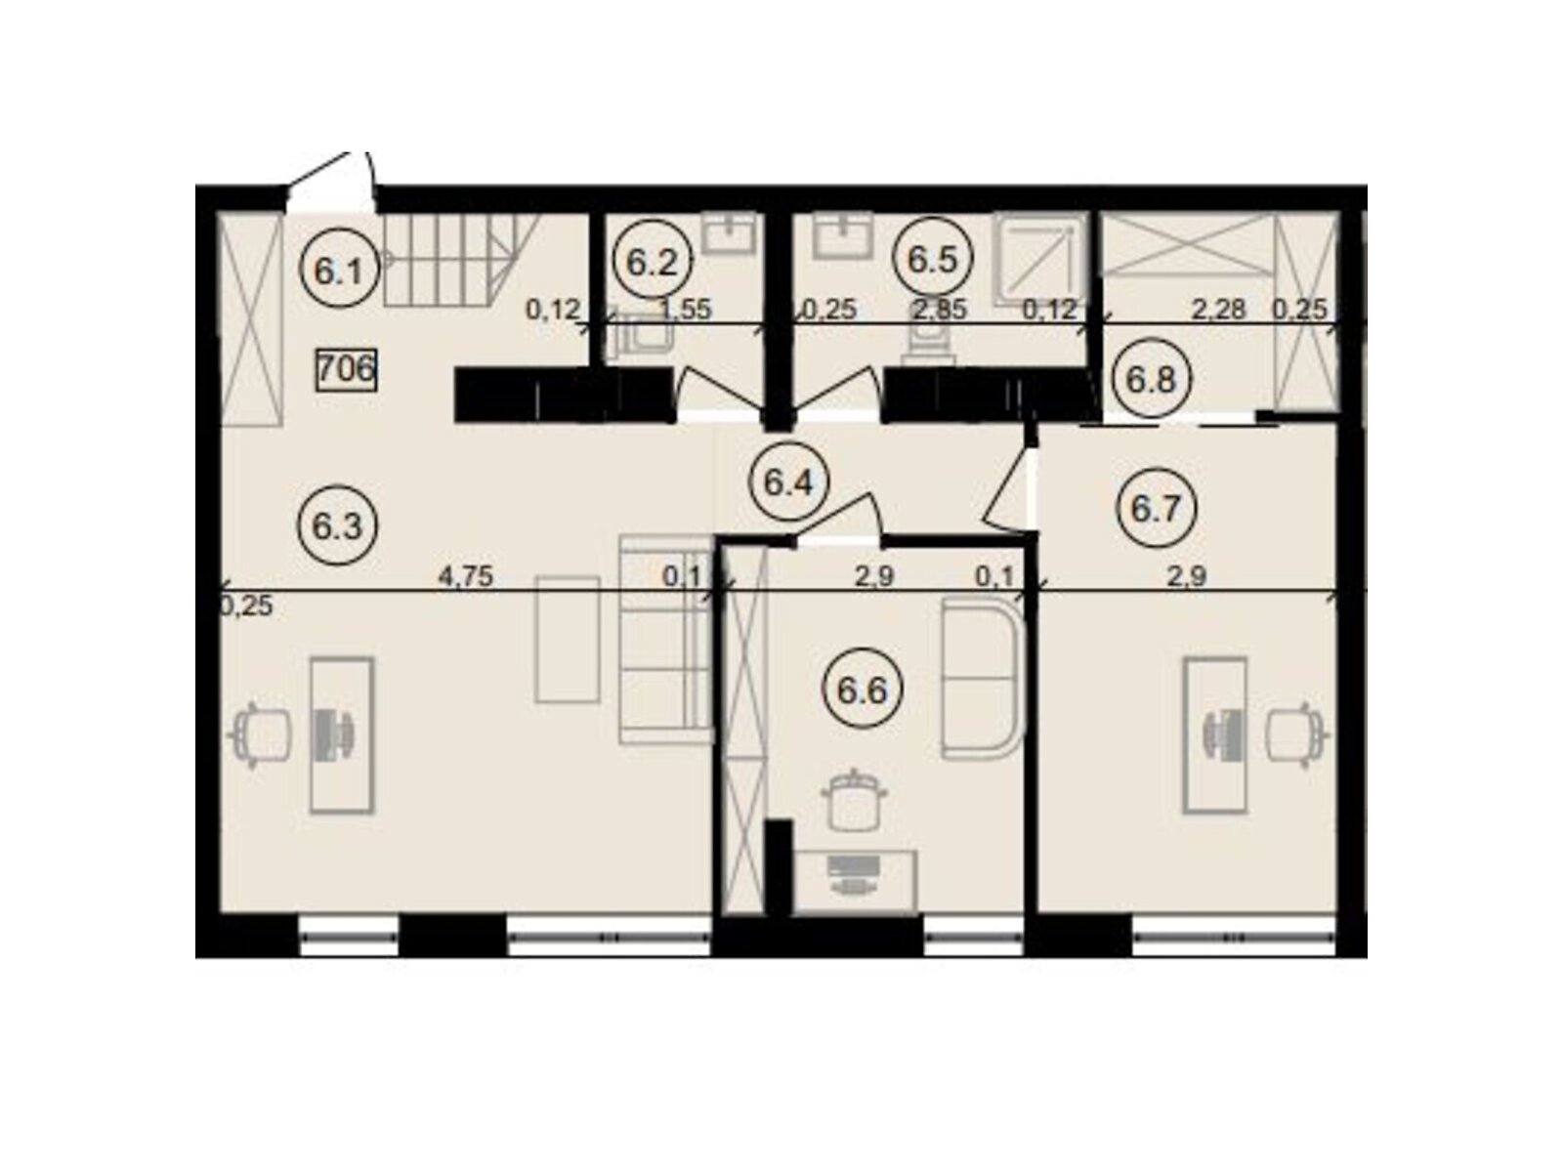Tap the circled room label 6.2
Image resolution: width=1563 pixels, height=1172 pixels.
pyautogui.click(x=652, y=264)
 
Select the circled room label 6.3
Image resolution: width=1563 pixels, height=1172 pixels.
pyautogui.click(x=338, y=525)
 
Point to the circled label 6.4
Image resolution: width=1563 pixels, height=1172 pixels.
pyautogui.click(x=788, y=483)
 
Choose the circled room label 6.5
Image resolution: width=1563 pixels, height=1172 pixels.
pyautogui.click(x=932, y=260)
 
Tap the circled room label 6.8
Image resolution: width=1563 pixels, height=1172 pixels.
pyautogui.click(x=1152, y=380)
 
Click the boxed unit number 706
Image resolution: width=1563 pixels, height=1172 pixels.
pyautogui.click(x=346, y=369)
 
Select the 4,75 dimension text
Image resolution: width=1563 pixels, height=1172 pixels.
pyautogui.click(x=466, y=576)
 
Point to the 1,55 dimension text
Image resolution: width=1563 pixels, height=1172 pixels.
pyautogui.click(x=686, y=311)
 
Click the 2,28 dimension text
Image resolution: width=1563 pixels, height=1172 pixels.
pyautogui.click(x=1218, y=310)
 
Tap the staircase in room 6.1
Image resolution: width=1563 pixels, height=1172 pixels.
pyautogui.click(x=460, y=261)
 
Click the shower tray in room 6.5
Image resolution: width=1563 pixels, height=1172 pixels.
pyautogui.click(x=1041, y=257)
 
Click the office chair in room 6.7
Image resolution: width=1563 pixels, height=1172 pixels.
pyautogui.click(x=1296, y=735)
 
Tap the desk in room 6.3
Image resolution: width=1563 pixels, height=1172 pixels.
pyautogui.click(x=342, y=735)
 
